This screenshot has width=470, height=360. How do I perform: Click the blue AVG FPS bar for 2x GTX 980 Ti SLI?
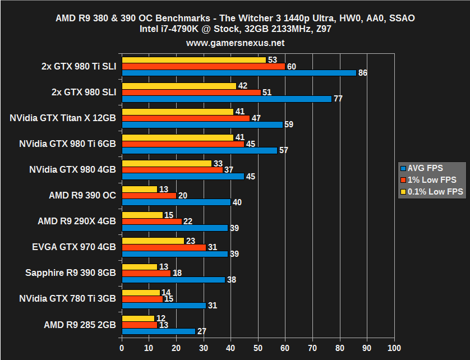tap(238, 73)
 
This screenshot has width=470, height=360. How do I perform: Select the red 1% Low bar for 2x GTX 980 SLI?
tap(191, 92)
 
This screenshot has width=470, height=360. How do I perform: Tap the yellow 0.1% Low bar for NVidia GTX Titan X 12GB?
tap(177, 112)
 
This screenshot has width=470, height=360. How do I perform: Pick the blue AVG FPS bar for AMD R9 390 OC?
tap(176, 202)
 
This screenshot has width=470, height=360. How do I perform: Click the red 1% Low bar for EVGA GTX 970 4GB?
tap(164, 247)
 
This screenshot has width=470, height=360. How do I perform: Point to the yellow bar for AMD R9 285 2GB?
tap(138, 319)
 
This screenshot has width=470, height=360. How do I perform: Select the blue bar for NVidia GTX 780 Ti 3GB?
tap(164, 305)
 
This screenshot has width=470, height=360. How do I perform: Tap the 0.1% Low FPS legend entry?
tap(432, 192)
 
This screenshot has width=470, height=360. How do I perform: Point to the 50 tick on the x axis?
tap(258, 348)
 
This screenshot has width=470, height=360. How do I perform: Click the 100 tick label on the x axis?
tap(394, 348)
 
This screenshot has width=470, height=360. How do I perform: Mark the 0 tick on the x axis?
tap(122, 348)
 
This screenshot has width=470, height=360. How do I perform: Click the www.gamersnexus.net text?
tap(235, 43)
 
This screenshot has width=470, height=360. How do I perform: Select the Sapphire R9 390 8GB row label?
tap(71, 273)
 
